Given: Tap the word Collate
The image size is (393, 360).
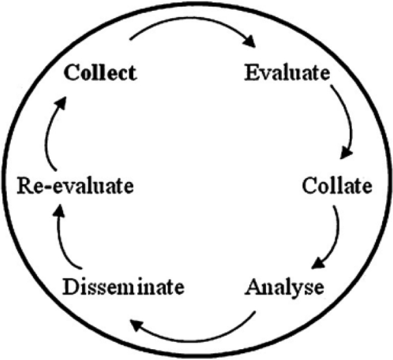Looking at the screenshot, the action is pyautogui.click(x=336, y=186).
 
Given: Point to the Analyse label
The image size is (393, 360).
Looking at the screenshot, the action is pyautogui.click(x=284, y=287).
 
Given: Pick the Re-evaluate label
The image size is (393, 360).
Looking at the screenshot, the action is pyautogui.click(x=75, y=186).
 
